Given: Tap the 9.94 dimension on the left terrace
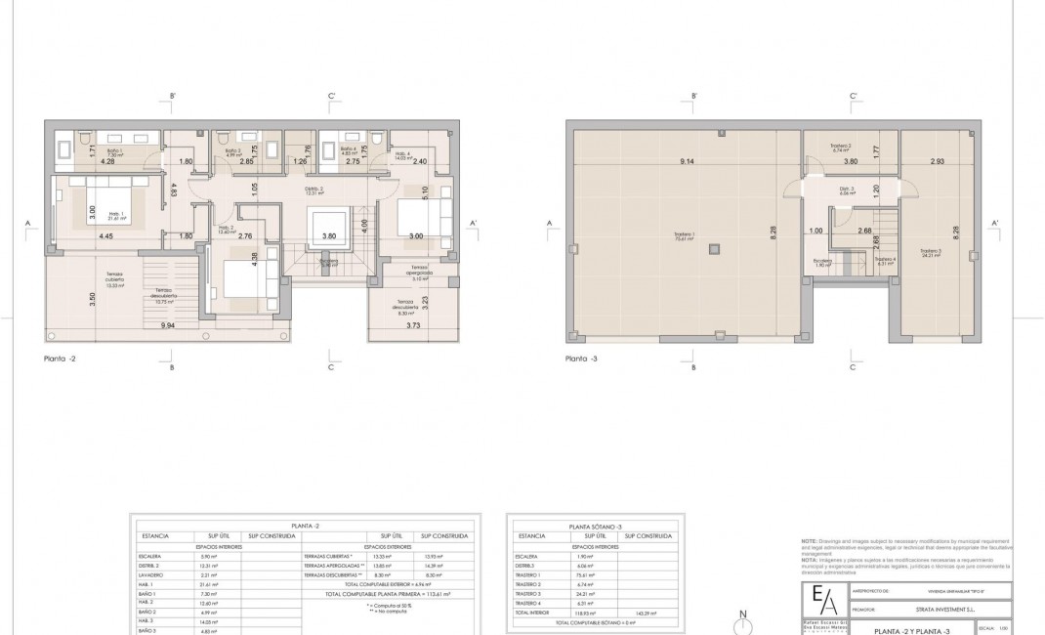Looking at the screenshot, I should [x=169, y=324].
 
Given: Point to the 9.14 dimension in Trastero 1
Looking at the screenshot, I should [x=688, y=161].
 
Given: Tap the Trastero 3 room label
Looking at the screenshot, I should [x=930, y=251].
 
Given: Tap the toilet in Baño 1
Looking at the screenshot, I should [x=84, y=136].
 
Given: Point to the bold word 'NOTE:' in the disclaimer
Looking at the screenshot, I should [x=809, y=540].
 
